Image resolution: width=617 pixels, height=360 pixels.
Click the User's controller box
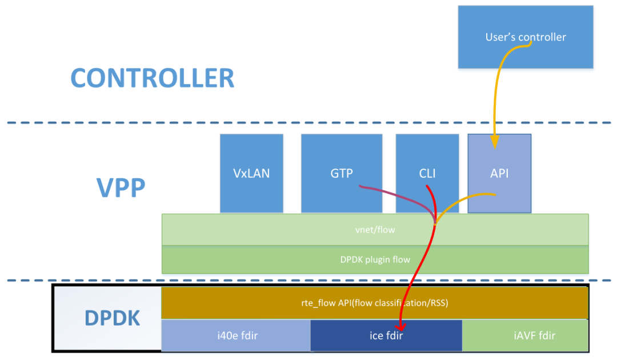(x=525, y=37)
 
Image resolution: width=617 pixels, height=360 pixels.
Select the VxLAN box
(x=251, y=173)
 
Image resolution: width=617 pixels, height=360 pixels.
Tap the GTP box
(x=342, y=173)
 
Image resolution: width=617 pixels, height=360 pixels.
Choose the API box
(x=499, y=173)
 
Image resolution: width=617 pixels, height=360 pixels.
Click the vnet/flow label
(x=375, y=230)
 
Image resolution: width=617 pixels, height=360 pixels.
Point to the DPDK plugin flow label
(x=375, y=259)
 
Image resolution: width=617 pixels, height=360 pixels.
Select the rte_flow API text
(x=375, y=303)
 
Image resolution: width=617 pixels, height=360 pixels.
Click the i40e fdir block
(x=237, y=335)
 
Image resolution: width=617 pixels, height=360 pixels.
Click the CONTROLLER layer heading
(x=152, y=78)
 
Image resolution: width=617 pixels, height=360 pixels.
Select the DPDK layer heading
(x=112, y=318)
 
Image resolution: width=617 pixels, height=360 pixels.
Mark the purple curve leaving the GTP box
(x=388, y=191)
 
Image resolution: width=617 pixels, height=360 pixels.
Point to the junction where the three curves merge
(x=435, y=223)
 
